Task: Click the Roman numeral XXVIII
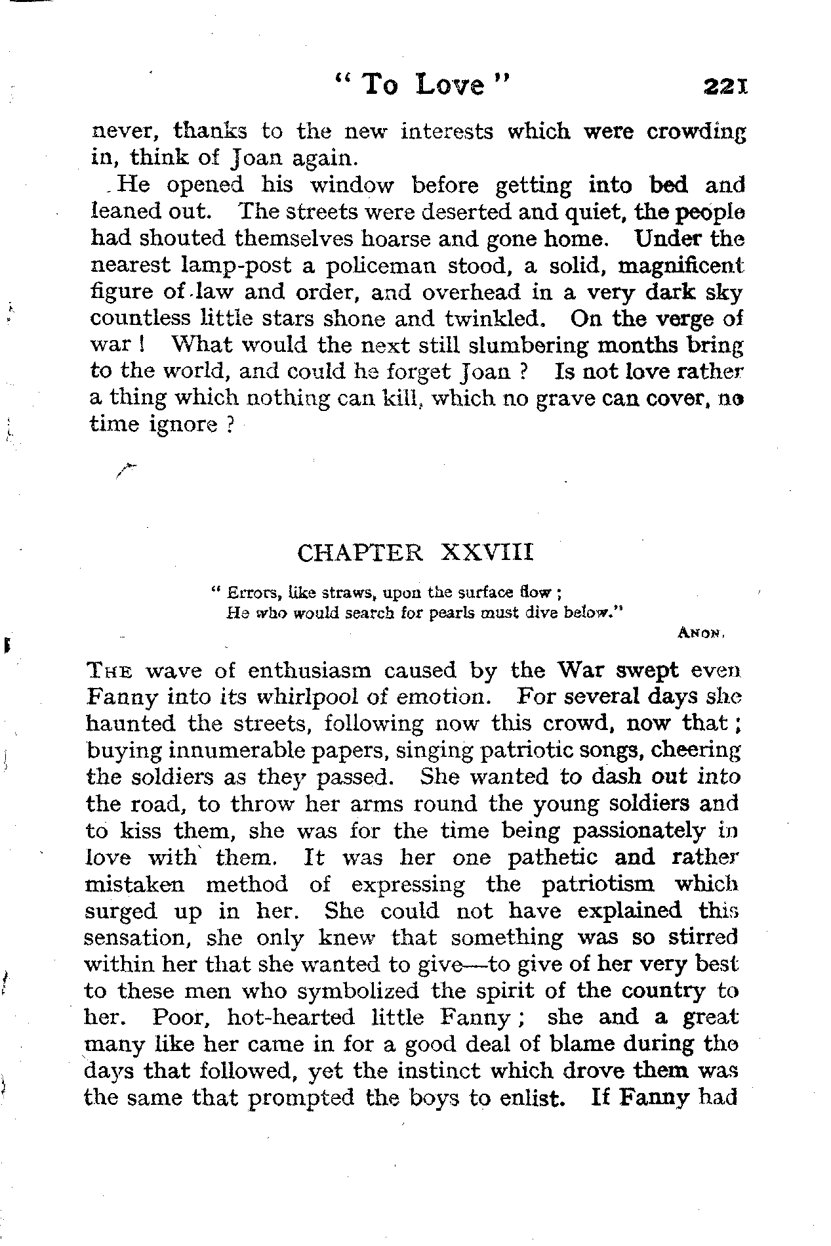click(488, 553)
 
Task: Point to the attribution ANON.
click(701, 634)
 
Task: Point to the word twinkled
click(495, 318)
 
